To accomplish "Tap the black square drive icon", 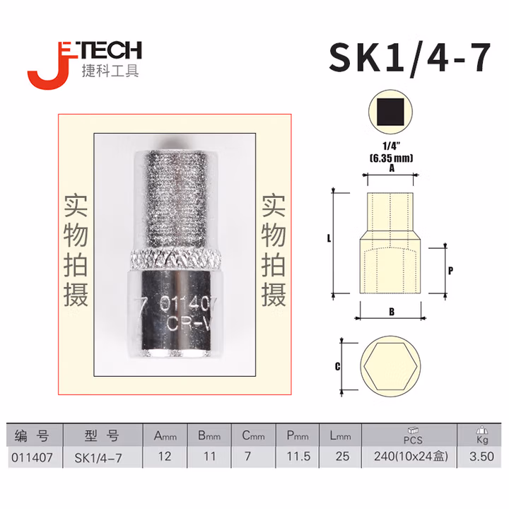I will (x=391, y=113).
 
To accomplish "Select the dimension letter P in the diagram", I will (x=450, y=270).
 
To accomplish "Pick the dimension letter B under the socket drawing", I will (x=390, y=311).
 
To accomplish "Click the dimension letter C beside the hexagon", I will (x=337, y=366).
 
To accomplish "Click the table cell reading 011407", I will (x=33, y=457).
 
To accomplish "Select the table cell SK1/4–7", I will (x=99, y=457).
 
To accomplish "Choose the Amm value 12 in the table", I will (x=165, y=457).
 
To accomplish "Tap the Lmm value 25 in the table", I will (x=342, y=457).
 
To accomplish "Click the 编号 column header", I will (x=33, y=435).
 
